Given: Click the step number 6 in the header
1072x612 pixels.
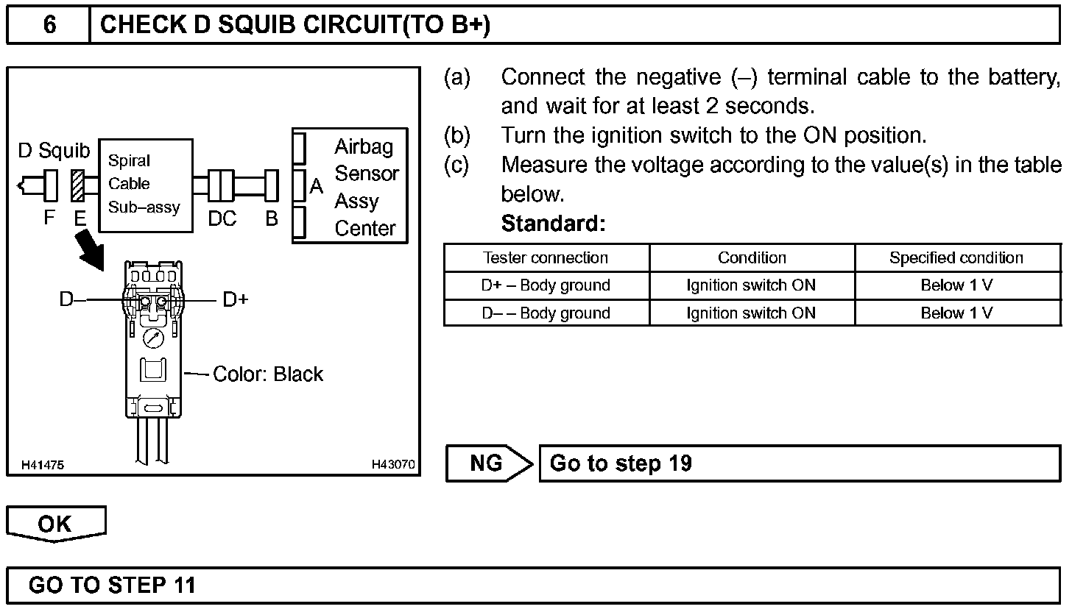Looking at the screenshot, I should pos(49,25).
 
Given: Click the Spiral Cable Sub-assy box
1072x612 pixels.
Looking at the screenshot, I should pos(145,185).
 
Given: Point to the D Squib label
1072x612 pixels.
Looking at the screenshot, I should pos(53,152).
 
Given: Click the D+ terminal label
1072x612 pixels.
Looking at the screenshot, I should pos(236,299).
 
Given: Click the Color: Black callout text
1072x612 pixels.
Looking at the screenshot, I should pos(268,374).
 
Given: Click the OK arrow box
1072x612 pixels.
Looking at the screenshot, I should pos(56,524).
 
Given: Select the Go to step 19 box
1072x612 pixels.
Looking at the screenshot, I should pos(800,463).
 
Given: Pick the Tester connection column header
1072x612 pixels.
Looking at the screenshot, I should pos(546,258).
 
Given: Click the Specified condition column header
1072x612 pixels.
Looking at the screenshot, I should pos(956,258).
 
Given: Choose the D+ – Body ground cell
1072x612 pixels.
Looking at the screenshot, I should pos(546,285).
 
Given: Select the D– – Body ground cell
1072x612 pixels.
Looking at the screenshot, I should pos(546,313).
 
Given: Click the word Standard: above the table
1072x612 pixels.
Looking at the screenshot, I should pos(553,224).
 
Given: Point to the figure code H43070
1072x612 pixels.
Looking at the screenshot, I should pos(393,465).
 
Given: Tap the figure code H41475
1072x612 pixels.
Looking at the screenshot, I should pos(42,465).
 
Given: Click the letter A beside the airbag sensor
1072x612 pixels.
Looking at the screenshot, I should pos(317,187).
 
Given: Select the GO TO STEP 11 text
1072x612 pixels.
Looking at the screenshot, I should pos(112,586).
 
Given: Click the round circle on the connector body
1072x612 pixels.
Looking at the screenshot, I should pos(154,339).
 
